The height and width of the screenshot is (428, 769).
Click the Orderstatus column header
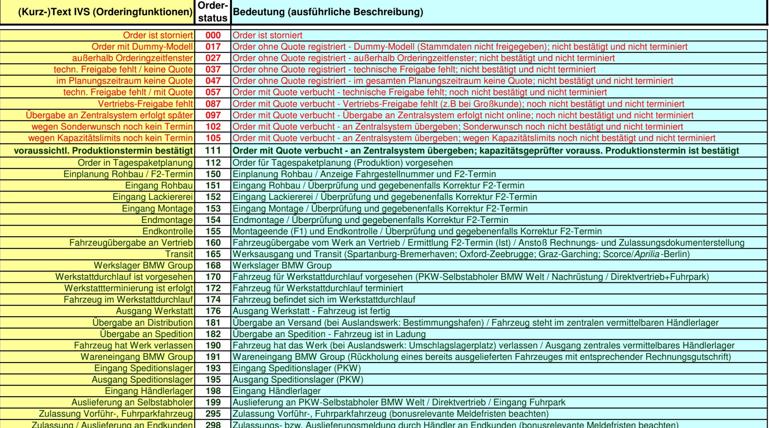coord(213,12)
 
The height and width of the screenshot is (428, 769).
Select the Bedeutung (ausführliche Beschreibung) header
coord(328,12)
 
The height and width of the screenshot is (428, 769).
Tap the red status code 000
coord(213,35)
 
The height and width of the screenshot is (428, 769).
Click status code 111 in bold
coord(213,151)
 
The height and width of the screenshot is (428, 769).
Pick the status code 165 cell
coord(213,254)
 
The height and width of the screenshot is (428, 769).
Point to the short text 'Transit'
coord(179,254)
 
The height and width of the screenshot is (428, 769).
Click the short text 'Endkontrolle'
coord(167,231)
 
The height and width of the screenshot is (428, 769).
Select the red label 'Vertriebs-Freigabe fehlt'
coord(145,104)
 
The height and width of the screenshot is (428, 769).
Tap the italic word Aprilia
coord(647,254)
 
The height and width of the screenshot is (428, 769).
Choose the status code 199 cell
coord(213,402)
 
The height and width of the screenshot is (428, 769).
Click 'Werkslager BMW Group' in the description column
coord(282,265)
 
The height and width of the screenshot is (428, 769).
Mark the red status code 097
coord(213,115)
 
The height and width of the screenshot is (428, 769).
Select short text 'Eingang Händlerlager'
coord(149,391)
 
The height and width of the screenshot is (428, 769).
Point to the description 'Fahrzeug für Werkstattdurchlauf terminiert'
coord(318,288)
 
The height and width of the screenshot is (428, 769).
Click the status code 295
coord(213,414)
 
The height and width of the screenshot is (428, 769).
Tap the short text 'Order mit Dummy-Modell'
coord(142,47)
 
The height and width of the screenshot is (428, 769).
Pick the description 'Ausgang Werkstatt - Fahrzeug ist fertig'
coord(311,311)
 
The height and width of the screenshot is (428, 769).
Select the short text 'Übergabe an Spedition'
coord(146,334)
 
